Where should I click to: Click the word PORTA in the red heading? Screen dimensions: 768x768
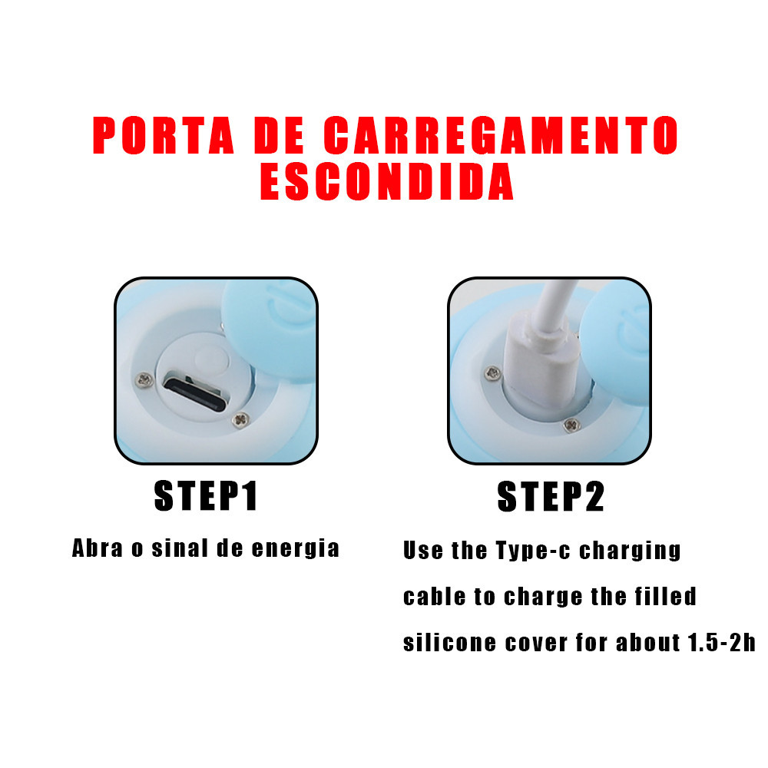[x=163, y=135]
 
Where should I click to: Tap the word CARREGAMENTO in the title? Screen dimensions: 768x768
[x=501, y=135]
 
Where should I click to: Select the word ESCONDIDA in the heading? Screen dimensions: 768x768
[x=386, y=181]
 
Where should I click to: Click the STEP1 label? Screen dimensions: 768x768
[x=206, y=496]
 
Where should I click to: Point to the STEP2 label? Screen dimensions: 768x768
[x=551, y=497]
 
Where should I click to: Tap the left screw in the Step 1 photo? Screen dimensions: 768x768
[x=144, y=379]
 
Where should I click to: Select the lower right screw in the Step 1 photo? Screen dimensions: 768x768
[x=240, y=420]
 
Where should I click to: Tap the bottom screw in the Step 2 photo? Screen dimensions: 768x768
[x=571, y=425]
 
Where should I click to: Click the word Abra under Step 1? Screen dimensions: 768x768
[x=98, y=548]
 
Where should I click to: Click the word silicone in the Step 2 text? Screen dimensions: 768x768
[x=449, y=643]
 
